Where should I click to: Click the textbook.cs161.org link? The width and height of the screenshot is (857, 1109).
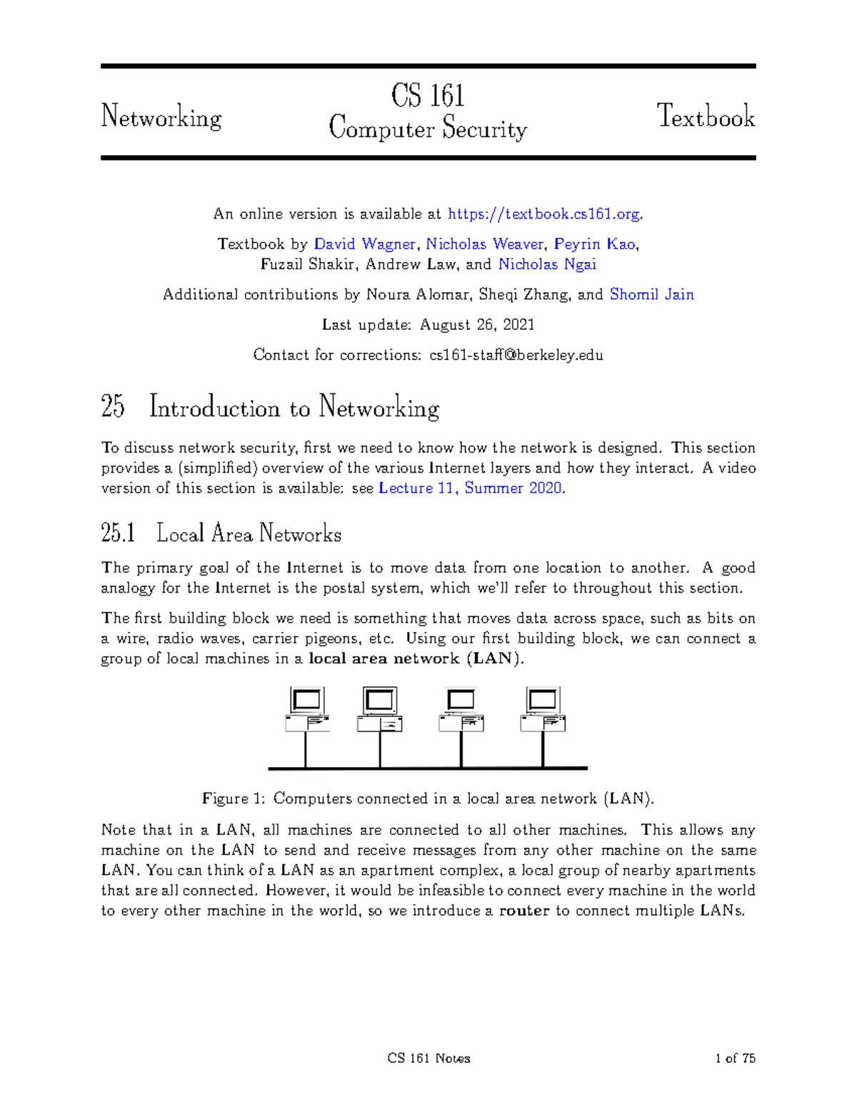click(544, 214)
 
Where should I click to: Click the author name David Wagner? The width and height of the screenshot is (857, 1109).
click(364, 244)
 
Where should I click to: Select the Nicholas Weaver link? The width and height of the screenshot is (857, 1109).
click(486, 244)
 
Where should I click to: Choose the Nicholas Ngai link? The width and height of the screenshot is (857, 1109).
click(547, 264)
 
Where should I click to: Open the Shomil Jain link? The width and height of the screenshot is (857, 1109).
click(651, 294)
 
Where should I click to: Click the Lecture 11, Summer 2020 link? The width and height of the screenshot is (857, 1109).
click(471, 488)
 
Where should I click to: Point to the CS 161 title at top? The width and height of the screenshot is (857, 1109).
click(428, 96)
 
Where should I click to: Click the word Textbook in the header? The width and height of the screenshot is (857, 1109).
click(706, 116)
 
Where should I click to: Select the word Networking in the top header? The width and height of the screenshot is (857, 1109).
click(161, 117)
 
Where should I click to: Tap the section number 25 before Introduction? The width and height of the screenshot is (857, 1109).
click(113, 407)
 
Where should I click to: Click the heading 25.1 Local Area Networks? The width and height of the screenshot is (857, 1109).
click(221, 533)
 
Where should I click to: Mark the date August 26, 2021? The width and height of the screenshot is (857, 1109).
click(477, 325)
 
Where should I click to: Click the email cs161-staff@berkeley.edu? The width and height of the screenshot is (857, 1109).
click(516, 355)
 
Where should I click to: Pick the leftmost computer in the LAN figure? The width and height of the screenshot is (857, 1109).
click(307, 709)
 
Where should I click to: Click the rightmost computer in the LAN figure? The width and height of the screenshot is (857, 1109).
click(543, 709)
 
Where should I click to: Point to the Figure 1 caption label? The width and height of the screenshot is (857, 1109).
click(234, 798)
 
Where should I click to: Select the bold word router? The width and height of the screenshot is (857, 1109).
click(524, 910)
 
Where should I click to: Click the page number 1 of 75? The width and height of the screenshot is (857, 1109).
click(735, 1058)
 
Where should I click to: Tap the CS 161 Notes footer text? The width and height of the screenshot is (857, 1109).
click(428, 1058)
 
